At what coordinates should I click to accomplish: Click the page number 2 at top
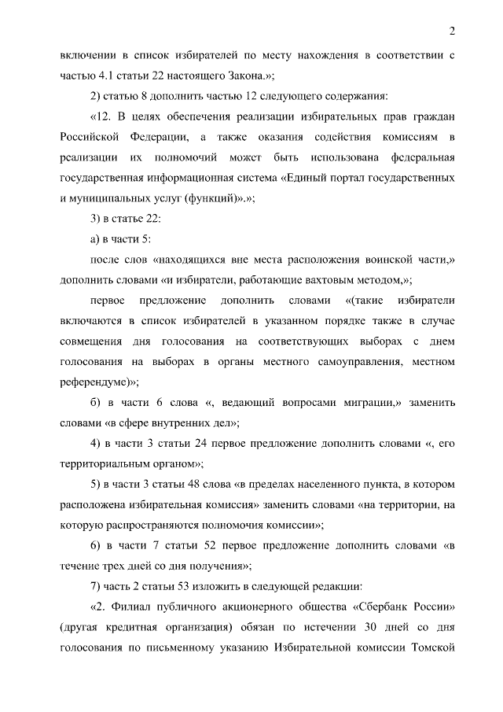point(453,31)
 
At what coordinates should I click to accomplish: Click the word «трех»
point(120,566)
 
